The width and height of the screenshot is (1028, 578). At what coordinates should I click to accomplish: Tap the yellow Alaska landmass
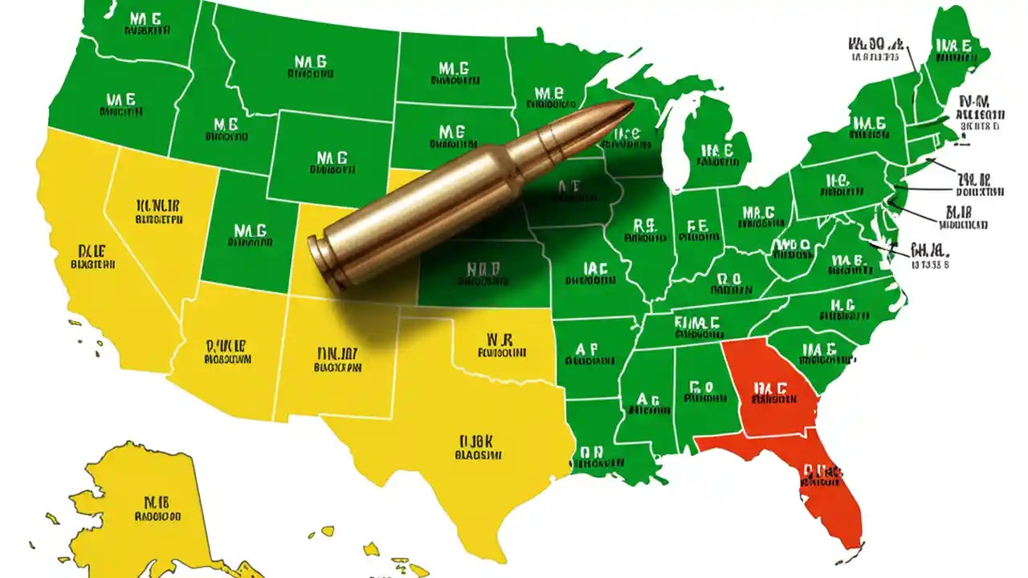tap(149, 506)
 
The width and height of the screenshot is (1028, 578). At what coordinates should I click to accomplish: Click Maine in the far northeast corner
tap(956, 48)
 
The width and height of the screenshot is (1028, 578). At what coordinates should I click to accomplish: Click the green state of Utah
tap(249, 233)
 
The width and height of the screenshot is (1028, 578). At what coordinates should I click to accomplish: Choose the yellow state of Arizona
tap(229, 353)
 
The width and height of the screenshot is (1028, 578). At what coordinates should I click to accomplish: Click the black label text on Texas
tap(479, 448)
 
